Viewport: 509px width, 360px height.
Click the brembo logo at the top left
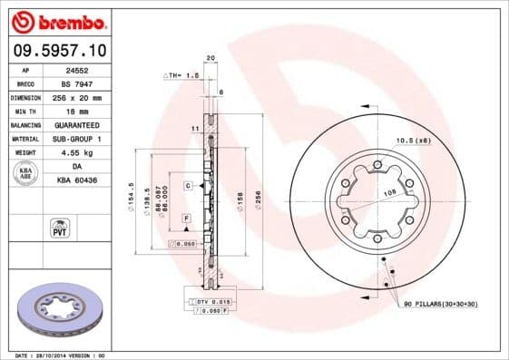pyautogui.click(x=61, y=21)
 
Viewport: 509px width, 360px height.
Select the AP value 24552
pyautogui.click(x=74, y=69)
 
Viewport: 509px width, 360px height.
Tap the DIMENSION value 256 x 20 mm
pyautogui.click(x=74, y=96)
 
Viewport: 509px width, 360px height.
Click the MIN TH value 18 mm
pyautogui.click(x=74, y=110)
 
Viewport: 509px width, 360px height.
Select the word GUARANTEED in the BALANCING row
pyautogui.click(x=74, y=124)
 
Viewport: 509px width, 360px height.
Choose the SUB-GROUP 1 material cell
pyautogui.click(x=74, y=138)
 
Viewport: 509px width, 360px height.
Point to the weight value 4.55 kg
pyautogui.click(x=74, y=152)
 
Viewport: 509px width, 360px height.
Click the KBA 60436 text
pyautogui.click(x=74, y=180)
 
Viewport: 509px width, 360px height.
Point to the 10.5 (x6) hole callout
pyautogui.click(x=414, y=140)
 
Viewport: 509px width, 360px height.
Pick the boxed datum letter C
pyautogui.click(x=187, y=185)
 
